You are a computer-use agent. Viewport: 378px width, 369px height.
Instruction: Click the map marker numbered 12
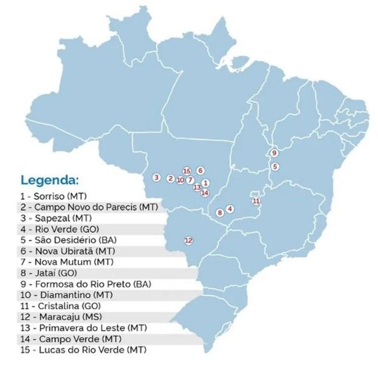click(x=188, y=240)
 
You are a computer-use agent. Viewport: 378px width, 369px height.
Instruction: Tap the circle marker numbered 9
click(x=274, y=153)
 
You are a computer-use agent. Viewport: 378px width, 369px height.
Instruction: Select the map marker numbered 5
click(x=275, y=166)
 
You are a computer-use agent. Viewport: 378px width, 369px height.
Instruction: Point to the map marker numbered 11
click(x=256, y=200)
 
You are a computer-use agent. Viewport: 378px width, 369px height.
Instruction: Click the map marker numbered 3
click(x=156, y=178)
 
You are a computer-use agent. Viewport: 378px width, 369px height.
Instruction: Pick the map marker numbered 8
click(x=220, y=212)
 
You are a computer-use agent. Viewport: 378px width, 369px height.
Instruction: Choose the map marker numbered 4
click(x=230, y=209)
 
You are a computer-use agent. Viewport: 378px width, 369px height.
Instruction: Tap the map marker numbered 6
click(x=200, y=171)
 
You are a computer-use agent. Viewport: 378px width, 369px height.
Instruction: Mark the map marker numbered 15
click(x=187, y=171)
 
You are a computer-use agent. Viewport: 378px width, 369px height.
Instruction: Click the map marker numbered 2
click(x=171, y=178)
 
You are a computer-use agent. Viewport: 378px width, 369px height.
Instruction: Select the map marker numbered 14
click(x=205, y=193)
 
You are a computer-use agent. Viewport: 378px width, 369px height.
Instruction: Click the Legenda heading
click(x=49, y=180)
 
